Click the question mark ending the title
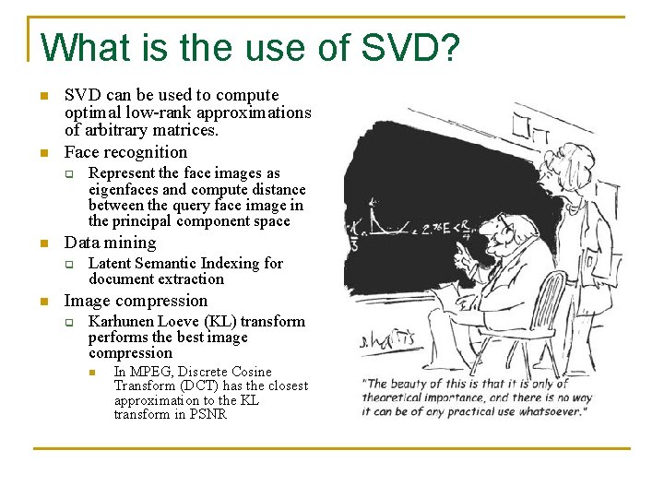[447, 48]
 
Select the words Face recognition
[125, 152]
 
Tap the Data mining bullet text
[110, 243]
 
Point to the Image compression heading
[136, 301]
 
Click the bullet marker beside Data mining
[42, 243]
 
